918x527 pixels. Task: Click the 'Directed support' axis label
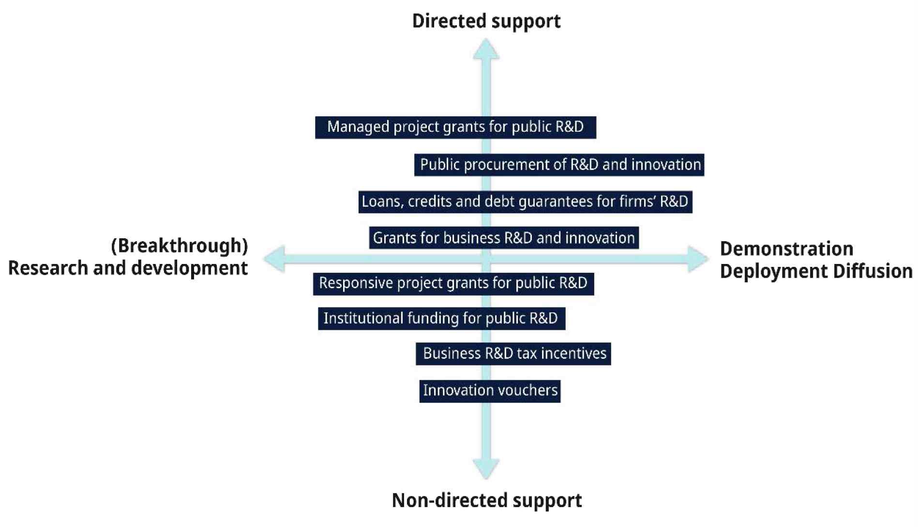486,21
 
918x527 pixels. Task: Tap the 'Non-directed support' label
486,500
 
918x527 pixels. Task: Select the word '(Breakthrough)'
179,246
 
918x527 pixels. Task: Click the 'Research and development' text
128,268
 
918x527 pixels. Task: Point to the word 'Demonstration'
786,249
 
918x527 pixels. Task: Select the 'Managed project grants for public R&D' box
455,127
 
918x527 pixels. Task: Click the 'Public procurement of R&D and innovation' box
559,165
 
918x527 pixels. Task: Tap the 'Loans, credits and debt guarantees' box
525,201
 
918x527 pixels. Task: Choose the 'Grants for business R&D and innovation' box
504,238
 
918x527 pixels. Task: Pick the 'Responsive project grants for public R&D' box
453,283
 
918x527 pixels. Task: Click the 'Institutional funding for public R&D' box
441,318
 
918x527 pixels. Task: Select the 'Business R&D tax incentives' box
513,354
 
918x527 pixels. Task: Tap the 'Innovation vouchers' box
490,390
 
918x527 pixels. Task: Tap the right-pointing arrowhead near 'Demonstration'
698,259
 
